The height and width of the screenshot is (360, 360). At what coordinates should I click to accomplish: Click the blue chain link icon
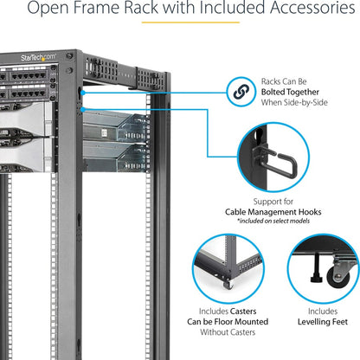tap(236, 90)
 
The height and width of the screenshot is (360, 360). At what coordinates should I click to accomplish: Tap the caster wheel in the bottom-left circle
tap(228, 282)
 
